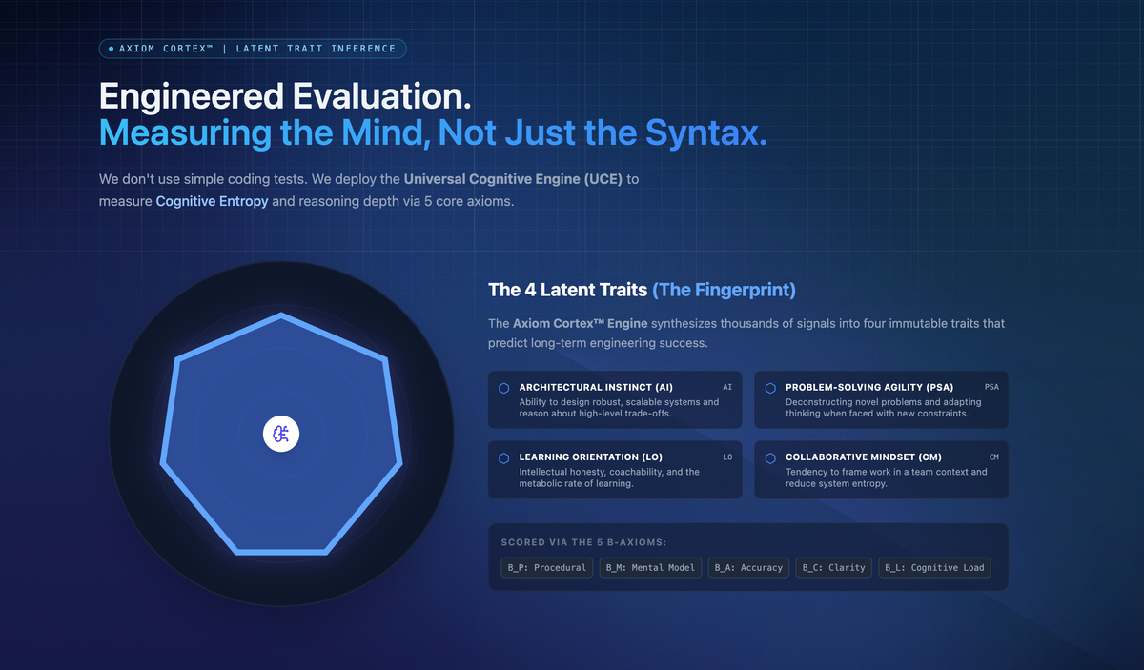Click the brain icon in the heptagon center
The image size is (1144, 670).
click(x=281, y=434)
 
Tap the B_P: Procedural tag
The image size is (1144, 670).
click(x=546, y=567)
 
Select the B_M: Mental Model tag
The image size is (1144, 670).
click(x=650, y=567)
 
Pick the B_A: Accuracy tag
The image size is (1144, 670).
click(x=748, y=567)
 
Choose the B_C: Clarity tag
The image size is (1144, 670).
click(x=833, y=567)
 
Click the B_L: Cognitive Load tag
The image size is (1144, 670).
click(x=934, y=567)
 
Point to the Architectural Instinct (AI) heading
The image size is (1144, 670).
click(x=596, y=387)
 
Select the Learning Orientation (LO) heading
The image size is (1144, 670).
click(x=591, y=457)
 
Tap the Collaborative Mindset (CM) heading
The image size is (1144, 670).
click(x=864, y=457)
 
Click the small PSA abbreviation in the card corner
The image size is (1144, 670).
click(x=991, y=387)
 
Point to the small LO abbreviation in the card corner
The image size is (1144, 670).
click(x=727, y=457)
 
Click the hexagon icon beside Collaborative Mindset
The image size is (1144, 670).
click(x=770, y=458)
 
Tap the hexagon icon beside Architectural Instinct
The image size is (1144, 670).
click(x=503, y=388)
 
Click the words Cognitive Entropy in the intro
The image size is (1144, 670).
click(x=212, y=201)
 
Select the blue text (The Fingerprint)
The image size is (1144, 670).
click(x=724, y=290)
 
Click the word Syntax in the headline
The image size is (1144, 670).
click(x=706, y=132)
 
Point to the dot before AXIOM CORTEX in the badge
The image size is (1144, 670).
click(x=111, y=49)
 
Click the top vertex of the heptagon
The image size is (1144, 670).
click(x=281, y=315)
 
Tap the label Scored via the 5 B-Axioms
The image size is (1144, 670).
click(x=583, y=542)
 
